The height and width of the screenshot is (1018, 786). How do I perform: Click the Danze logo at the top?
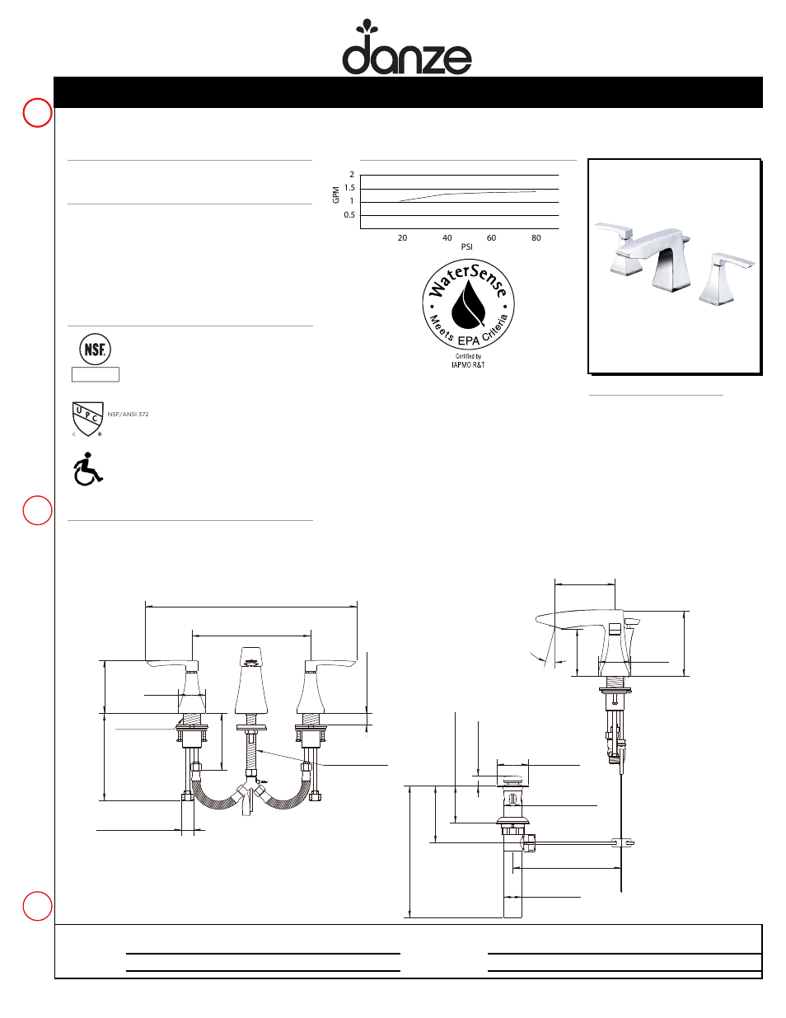point(406,49)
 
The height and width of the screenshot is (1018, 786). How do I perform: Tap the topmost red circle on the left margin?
point(37,113)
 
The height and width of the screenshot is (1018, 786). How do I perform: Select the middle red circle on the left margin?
point(37,510)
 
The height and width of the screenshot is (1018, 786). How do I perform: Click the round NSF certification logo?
point(95,349)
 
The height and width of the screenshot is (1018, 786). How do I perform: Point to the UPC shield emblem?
point(87,419)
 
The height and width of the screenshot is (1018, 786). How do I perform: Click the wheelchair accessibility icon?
point(87,469)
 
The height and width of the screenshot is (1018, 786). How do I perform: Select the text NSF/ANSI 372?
point(128,415)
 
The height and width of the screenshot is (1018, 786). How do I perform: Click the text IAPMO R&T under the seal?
point(468,364)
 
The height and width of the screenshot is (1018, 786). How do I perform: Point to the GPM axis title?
point(335,195)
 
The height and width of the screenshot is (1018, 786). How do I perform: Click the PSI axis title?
point(467,247)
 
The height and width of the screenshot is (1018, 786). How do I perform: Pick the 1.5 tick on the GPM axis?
point(349,188)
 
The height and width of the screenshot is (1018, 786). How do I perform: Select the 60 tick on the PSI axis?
point(491,238)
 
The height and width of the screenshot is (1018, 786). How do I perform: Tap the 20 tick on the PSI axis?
point(402,238)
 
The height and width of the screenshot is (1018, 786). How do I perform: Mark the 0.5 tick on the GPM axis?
point(349,215)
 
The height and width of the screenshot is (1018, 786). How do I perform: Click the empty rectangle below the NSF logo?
point(96,374)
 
